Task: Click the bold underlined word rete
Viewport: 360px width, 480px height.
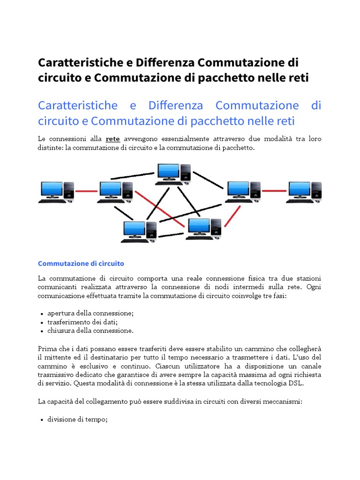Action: pyautogui.click(x=113, y=139)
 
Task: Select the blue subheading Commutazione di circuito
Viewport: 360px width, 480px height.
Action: pyautogui.click(x=81, y=263)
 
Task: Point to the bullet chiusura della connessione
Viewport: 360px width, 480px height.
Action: pyautogui.click(x=90, y=331)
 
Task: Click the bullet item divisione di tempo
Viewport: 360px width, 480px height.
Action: pyautogui.click(x=77, y=420)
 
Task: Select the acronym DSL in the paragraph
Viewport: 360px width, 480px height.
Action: pyautogui.click(x=297, y=383)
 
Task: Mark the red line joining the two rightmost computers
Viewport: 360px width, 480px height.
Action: pyautogui.click(x=274, y=191)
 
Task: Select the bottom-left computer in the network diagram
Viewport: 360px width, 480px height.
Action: pyautogui.click(x=139, y=232)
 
